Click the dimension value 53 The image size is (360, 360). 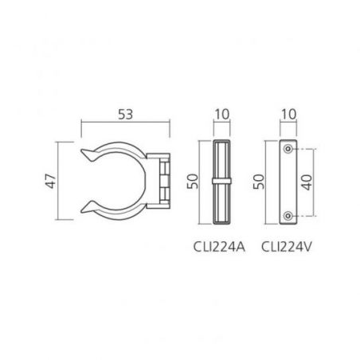(x=125, y=115)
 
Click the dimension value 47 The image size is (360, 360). (x=51, y=181)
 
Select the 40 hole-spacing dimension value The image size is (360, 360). (x=307, y=182)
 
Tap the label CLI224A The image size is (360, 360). (x=219, y=247)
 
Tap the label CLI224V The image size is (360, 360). (x=287, y=247)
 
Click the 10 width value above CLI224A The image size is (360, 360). (x=221, y=115)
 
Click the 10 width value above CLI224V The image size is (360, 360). (x=288, y=115)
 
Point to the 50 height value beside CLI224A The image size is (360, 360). (x=193, y=181)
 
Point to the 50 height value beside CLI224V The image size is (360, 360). (x=259, y=182)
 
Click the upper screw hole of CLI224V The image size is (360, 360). (x=288, y=149)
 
